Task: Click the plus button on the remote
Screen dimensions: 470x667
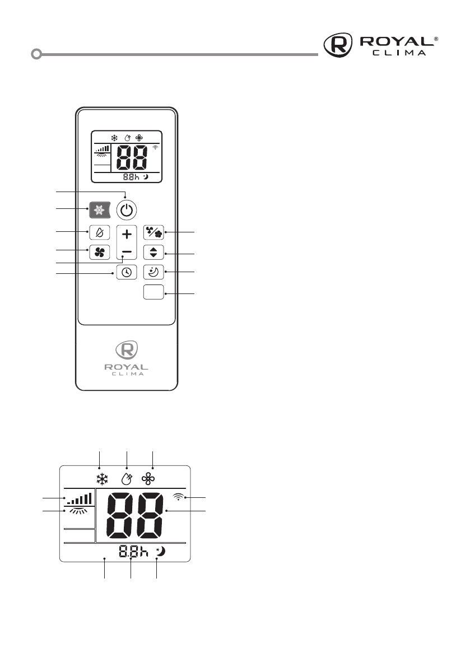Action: point(127,235)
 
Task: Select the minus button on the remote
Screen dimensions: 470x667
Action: point(127,252)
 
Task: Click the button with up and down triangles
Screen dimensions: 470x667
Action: point(153,253)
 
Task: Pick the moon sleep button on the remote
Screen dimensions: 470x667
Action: point(153,272)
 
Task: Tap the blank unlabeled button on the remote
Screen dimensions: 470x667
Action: point(153,292)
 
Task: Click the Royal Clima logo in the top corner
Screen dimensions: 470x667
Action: point(381,45)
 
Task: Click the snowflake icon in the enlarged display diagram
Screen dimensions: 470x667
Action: point(102,479)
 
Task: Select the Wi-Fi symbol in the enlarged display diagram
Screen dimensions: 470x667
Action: point(178,497)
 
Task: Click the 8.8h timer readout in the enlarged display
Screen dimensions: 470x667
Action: point(133,552)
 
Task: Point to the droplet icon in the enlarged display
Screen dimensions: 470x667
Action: point(127,479)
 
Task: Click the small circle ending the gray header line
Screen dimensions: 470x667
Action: point(36,55)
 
